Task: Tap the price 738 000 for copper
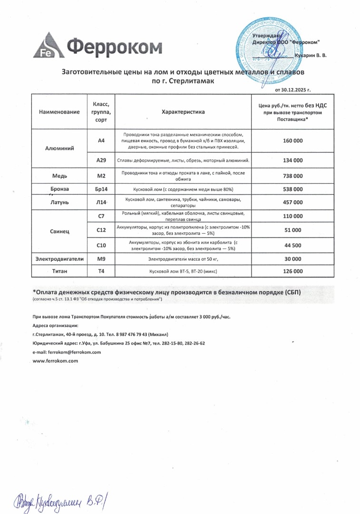[x=292, y=176]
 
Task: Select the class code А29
[x=101, y=160]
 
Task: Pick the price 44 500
[x=292, y=246]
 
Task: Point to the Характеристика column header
[x=183, y=112]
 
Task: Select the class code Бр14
[x=101, y=189]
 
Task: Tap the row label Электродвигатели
[x=59, y=259]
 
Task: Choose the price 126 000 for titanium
[x=292, y=271]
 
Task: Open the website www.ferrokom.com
[x=55, y=361]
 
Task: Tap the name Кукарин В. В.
[x=311, y=56]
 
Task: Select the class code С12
[x=101, y=230]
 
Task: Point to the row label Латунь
[x=60, y=202]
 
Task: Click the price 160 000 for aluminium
[x=292, y=141]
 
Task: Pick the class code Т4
[x=101, y=271]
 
